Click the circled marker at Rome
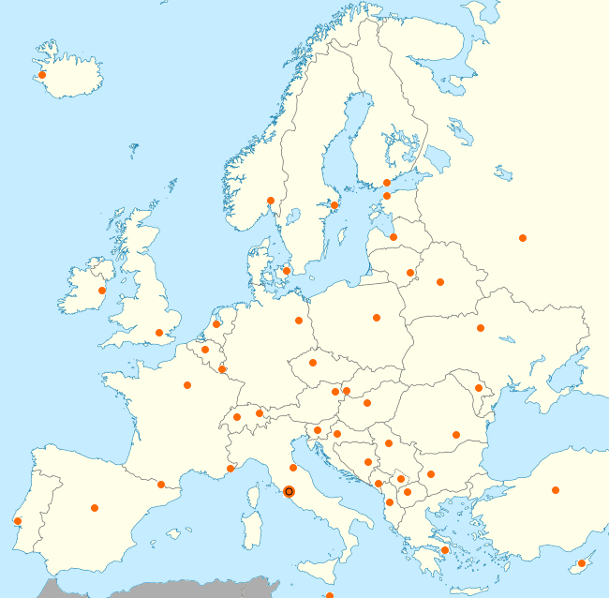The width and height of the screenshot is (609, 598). point(289,491)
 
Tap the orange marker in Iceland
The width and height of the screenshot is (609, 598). point(42,75)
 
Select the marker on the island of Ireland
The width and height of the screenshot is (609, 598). point(102,291)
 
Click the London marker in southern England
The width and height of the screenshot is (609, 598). point(159,333)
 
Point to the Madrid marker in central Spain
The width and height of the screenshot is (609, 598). point(95,508)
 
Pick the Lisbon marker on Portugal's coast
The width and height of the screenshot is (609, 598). point(18,521)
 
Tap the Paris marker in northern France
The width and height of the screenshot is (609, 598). point(187,385)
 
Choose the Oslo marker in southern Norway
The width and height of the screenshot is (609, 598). point(271,200)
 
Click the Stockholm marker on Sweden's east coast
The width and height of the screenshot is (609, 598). point(334,205)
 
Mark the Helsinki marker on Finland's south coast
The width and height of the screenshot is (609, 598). point(387,183)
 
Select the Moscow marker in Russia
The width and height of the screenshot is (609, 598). point(523,237)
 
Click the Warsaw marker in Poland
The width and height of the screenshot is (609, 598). point(377,318)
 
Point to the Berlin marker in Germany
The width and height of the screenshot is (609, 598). point(299,321)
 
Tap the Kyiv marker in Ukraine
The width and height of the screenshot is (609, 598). point(481,328)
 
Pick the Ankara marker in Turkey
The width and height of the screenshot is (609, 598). point(556,490)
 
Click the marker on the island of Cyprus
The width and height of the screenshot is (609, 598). point(582,563)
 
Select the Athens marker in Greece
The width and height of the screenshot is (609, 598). point(445,550)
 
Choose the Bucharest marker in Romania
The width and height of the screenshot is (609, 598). point(456,435)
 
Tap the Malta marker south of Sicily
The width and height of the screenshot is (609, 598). point(330,595)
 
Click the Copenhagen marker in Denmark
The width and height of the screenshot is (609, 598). point(287,272)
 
